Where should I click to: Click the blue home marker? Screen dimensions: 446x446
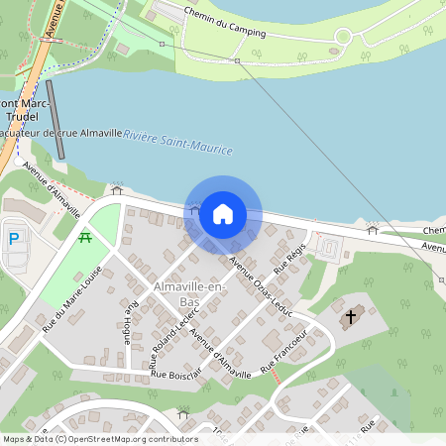[223, 213]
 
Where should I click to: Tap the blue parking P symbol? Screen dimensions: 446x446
[14, 238]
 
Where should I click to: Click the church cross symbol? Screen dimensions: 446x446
[349, 318]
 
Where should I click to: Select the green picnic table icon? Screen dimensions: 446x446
[86, 237]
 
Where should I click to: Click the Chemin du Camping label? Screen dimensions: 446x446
[227, 25]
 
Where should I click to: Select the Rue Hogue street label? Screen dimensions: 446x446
[127, 323]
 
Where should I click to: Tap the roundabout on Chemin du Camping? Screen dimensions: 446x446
[343, 38]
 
